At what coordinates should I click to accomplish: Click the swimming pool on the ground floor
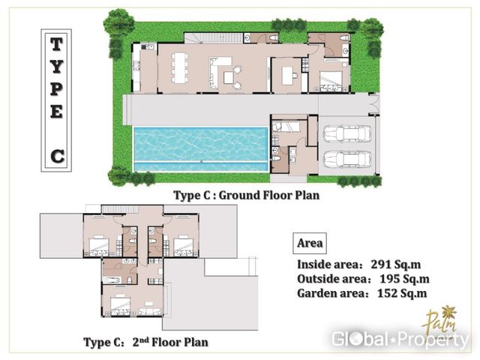pos(201,149)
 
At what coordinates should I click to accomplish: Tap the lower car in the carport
pos(347,159)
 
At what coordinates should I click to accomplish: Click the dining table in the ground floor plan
pos(179,68)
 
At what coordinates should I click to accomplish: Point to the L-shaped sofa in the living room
pos(218,72)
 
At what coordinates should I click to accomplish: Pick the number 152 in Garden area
pos(387,293)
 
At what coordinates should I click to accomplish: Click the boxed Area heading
pos(310,243)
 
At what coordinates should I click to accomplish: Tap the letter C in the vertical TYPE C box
pos(57,157)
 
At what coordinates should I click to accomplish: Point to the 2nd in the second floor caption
pos(141,341)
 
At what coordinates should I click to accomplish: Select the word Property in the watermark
pos(434,339)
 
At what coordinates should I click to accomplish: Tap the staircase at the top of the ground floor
pos(214,38)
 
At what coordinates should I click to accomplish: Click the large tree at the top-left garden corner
pos(118,22)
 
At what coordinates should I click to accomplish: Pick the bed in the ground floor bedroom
pos(331,81)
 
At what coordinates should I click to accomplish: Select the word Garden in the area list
pos(315,293)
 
